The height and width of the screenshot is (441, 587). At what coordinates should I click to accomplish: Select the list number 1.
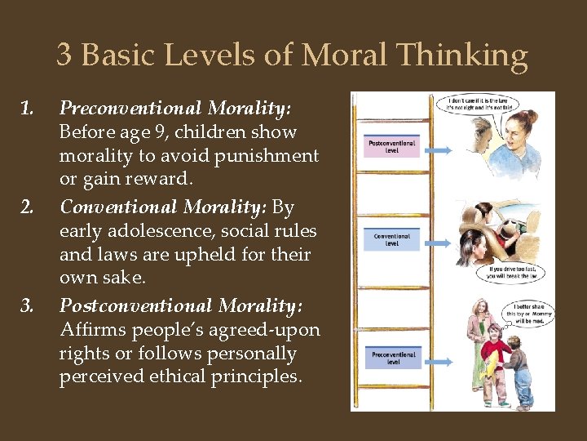(26, 108)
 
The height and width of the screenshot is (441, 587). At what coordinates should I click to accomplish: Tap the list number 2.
(27, 207)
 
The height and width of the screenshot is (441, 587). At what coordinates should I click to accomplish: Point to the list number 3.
(27, 305)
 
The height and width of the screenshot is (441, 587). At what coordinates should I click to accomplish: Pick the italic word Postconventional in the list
(135, 305)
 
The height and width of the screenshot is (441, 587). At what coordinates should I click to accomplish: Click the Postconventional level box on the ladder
(393, 148)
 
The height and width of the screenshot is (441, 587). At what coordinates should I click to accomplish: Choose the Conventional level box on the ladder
(392, 239)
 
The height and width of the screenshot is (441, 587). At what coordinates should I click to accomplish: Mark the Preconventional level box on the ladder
(393, 358)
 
